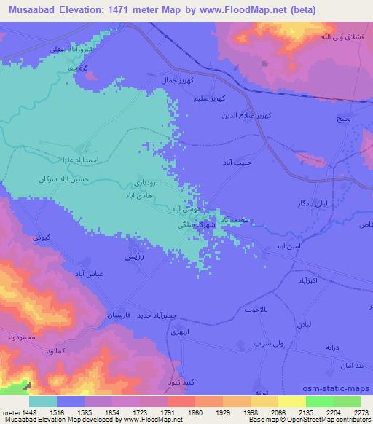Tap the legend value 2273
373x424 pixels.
tap(361, 412)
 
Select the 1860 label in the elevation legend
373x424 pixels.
tap(195, 412)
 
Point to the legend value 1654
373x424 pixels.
tap(112, 412)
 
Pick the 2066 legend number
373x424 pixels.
tap(278, 412)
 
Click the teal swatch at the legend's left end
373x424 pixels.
tap(43, 401)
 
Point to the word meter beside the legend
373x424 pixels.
tap(11, 412)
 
